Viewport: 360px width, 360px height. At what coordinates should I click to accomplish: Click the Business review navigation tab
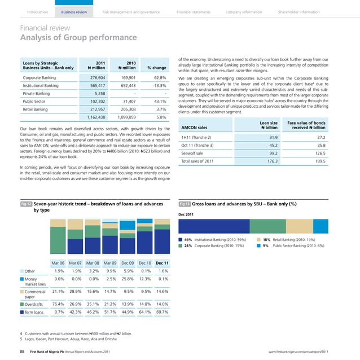coord(74,11)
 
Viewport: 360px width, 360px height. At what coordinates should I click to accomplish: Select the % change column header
coord(156,68)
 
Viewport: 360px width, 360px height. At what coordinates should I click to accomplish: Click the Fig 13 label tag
coord(185,203)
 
